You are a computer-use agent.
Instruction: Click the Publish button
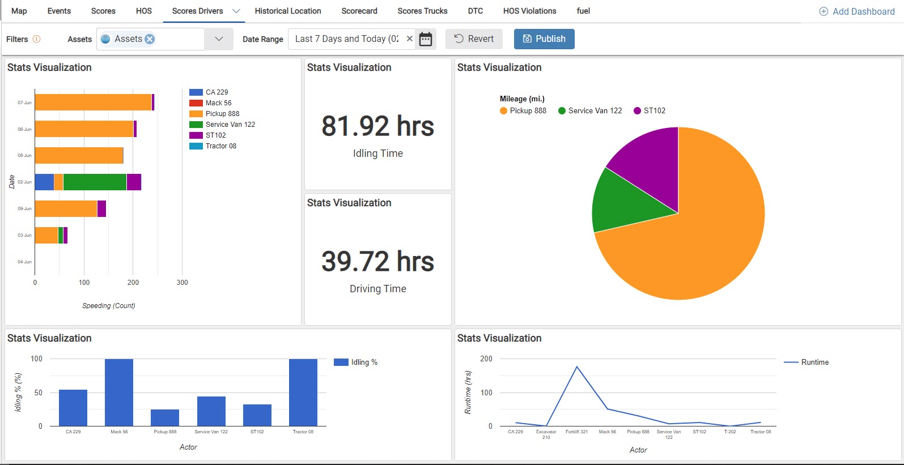pyautogui.click(x=544, y=39)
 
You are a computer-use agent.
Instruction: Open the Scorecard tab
pyautogui.click(x=359, y=11)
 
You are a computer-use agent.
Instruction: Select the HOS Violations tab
pyautogui.click(x=529, y=11)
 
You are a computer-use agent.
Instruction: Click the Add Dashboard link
pyautogui.click(x=857, y=11)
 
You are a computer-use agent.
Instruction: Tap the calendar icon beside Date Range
pyautogui.click(x=426, y=39)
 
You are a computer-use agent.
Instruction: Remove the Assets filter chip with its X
pyautogui.click(x=150, y=39)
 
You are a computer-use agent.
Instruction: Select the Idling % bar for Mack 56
pyautogui.click(x=119, y=393)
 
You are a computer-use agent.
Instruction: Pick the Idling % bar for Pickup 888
pyautogui.click(x=165, y=418)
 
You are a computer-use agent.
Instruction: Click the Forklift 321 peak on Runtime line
pyautogui.click(x=577, y=367)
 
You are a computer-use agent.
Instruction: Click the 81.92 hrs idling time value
pyautogui.click(x=377, y=126)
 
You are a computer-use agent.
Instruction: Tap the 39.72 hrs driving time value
pyautogui.click(x=377, y=262)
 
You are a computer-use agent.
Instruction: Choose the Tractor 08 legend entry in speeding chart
pyautogui.click(x=220, y=146)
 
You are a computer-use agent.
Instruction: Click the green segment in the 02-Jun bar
pyautogui.click(x=95, y=182)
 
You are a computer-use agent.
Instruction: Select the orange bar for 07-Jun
pyautogui.click(x=93, y=103)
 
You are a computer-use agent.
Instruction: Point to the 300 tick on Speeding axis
pyautogui.click(x=182, y=282)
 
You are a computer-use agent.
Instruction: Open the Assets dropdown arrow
pyautogui.click(x=219, y=39)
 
